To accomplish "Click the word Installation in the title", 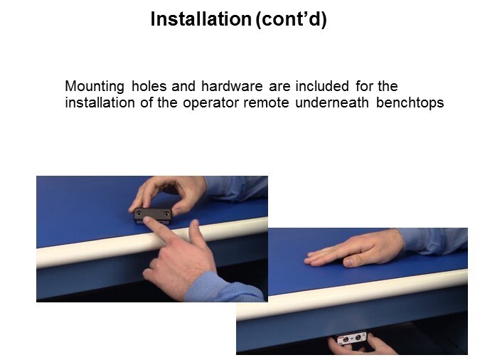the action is coord(201,19).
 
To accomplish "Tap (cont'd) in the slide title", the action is coord(291,20).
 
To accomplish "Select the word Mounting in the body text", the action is coord(95,87).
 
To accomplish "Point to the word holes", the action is coord(149,86).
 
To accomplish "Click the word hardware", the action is coord(232,86).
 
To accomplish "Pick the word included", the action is coord(322,86).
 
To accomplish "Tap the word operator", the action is coord(210,103).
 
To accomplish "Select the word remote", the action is coord(266,102).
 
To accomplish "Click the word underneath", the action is coord(332,102).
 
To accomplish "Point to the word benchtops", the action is coord(410,103).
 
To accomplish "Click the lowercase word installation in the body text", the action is coord(100,102).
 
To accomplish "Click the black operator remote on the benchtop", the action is coord(153,216).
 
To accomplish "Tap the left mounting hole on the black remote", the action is coord(139,212).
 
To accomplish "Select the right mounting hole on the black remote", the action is coord(166,213).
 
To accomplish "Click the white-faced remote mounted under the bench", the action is coord(352,339).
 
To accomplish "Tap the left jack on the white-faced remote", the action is coord(346,340).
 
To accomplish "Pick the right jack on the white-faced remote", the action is coord(358,338).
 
